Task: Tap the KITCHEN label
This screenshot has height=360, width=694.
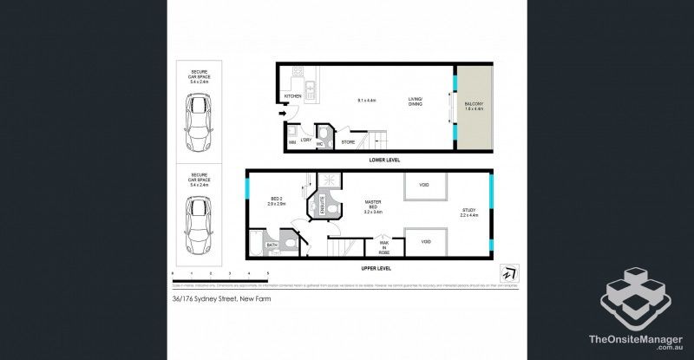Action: [292, 96]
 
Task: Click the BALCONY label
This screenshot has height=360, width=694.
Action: [473, 107]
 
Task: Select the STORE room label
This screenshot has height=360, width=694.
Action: [348, 141]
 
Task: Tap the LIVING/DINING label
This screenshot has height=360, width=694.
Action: [416, 102]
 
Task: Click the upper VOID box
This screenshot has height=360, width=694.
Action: [424, 186]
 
